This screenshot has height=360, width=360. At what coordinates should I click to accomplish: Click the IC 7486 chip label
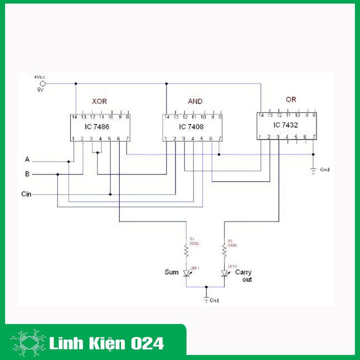click(x=97, y=127)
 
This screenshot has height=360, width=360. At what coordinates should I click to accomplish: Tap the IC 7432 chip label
click(x=284, y=124)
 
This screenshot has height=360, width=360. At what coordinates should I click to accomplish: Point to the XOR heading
click(x=99, y=101)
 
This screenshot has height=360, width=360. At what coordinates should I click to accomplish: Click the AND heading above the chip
click(x=195, y=101)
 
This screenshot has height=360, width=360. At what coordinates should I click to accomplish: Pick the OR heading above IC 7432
click(x=290, y=99)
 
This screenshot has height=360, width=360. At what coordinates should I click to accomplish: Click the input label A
click(x=27, y=159)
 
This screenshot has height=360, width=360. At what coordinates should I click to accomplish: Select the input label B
click(x=27, y=174)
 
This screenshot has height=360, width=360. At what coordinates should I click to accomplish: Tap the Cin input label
click(x=27, y=193)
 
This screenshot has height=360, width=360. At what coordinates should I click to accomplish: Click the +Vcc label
click(x=39, y=77)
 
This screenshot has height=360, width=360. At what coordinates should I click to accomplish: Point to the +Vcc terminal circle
click(x=43, y=83)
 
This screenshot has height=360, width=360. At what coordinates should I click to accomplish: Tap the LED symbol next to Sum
click(x=187, y=273)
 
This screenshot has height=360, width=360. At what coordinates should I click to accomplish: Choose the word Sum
click(x=171, y=272)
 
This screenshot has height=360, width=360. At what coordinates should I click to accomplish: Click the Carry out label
click(x=243, y=276)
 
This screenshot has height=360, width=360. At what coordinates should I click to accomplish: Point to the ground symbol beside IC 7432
click(x=313, y=170)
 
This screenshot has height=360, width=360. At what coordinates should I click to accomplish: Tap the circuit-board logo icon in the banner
click(x=28, y=343)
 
